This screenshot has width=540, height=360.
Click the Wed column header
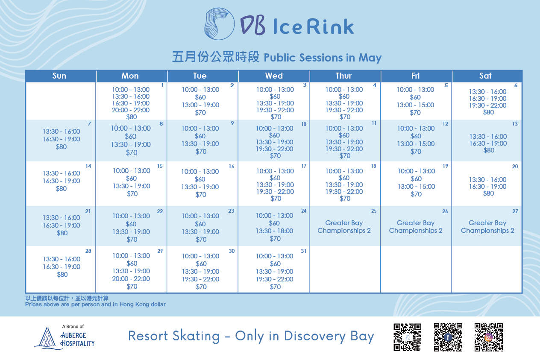tap(274, 76)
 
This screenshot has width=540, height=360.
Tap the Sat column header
tap(485, 76)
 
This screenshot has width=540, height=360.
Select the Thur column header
tap(343, 76)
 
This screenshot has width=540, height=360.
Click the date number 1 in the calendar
tap(162, 85)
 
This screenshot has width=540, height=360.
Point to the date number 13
tap(515, 124)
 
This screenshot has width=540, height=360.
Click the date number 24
tap(303, 211)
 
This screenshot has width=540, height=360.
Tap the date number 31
tap(303, 251)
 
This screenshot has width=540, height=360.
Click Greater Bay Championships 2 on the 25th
tap(344, 227)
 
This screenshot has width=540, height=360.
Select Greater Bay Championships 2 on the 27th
tap(487, 227)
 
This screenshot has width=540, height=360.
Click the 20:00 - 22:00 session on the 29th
tap(131, 279)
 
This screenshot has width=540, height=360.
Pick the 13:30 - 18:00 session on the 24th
tap(274, 231)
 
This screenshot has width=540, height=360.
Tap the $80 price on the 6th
tap(488, 112)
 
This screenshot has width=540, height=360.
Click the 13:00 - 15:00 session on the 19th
tap(416, 187)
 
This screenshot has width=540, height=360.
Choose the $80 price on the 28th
tap(62, 275)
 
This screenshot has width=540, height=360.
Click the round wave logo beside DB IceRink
tap(219, 24)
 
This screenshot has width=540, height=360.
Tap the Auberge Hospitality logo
tap(65, 337)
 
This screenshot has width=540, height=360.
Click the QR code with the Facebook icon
tap(448, 337)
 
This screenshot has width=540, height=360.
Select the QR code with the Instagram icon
tap(488, 337)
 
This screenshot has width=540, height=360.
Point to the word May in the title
tap(370, 58)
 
